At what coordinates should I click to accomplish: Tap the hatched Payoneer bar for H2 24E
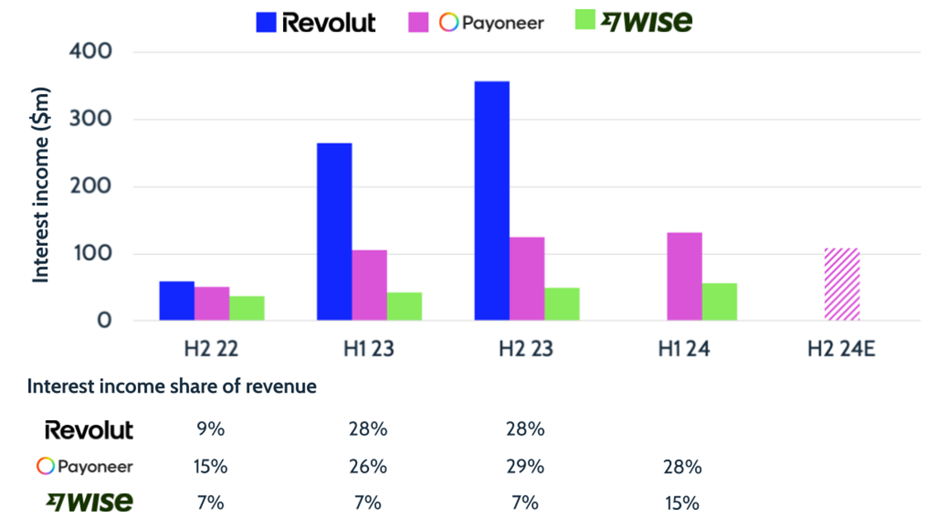[842, 284]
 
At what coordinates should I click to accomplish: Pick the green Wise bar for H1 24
[720, 301]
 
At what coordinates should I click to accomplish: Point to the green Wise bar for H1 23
[404, 305]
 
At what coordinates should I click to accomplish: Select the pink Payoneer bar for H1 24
[684, 276]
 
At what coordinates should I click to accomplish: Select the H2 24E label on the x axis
[841, 349]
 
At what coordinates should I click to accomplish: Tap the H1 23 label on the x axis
[369, 349]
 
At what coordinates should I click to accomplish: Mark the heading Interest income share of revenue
[172, 386]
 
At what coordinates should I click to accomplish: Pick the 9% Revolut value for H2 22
[210, 429]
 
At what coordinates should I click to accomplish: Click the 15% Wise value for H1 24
[683, 503]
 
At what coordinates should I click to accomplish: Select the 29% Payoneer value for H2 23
[526, 466]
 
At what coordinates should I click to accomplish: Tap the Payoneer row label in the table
[85, 466]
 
